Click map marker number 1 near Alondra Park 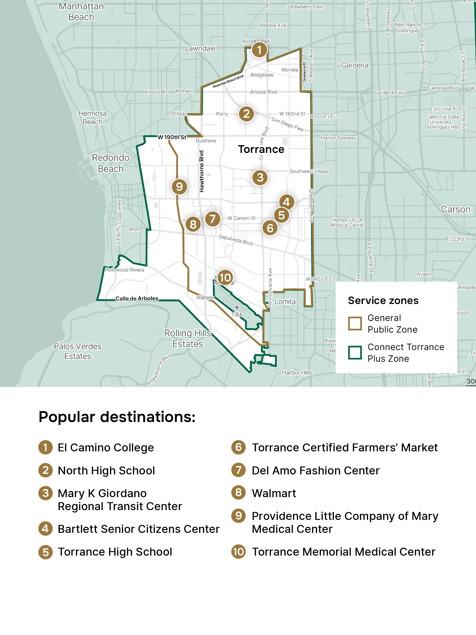pos(259,50)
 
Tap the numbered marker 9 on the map pos(179,187)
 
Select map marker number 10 pos(225,278)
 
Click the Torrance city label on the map pos(261,149)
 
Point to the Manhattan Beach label pos(81,11)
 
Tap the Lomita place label pos(285,302)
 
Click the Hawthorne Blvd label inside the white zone pos(202,171)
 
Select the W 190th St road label pos(172,137)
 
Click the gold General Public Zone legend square pos(355,324)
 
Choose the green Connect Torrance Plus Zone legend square pos(355,352)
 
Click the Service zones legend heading pos(383,301)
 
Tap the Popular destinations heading pos(117,417)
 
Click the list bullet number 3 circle pos(45,493)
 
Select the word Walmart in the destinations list pos(274,493)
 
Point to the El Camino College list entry pos(106,448)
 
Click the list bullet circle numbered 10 pos(239,552)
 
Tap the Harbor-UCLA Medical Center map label pos(347,223)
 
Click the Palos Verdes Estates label pos(77,351)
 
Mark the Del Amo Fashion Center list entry pos(315,470)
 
